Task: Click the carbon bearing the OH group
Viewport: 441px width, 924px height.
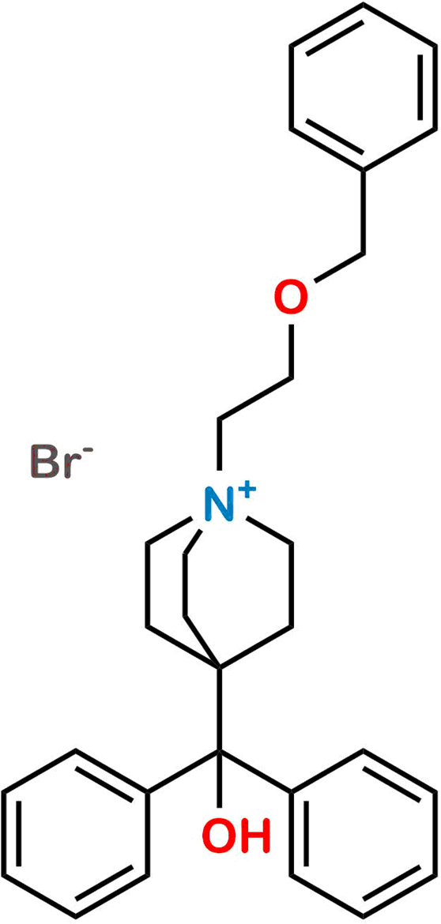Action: tap(219, 753)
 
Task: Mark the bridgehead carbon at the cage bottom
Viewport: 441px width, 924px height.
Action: tap(219, 667)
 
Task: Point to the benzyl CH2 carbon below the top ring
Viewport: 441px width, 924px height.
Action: tap(364, 255)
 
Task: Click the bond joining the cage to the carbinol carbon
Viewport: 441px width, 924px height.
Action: tap(219, 710)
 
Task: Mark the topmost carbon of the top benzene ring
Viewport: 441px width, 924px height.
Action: tap(364, 5)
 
